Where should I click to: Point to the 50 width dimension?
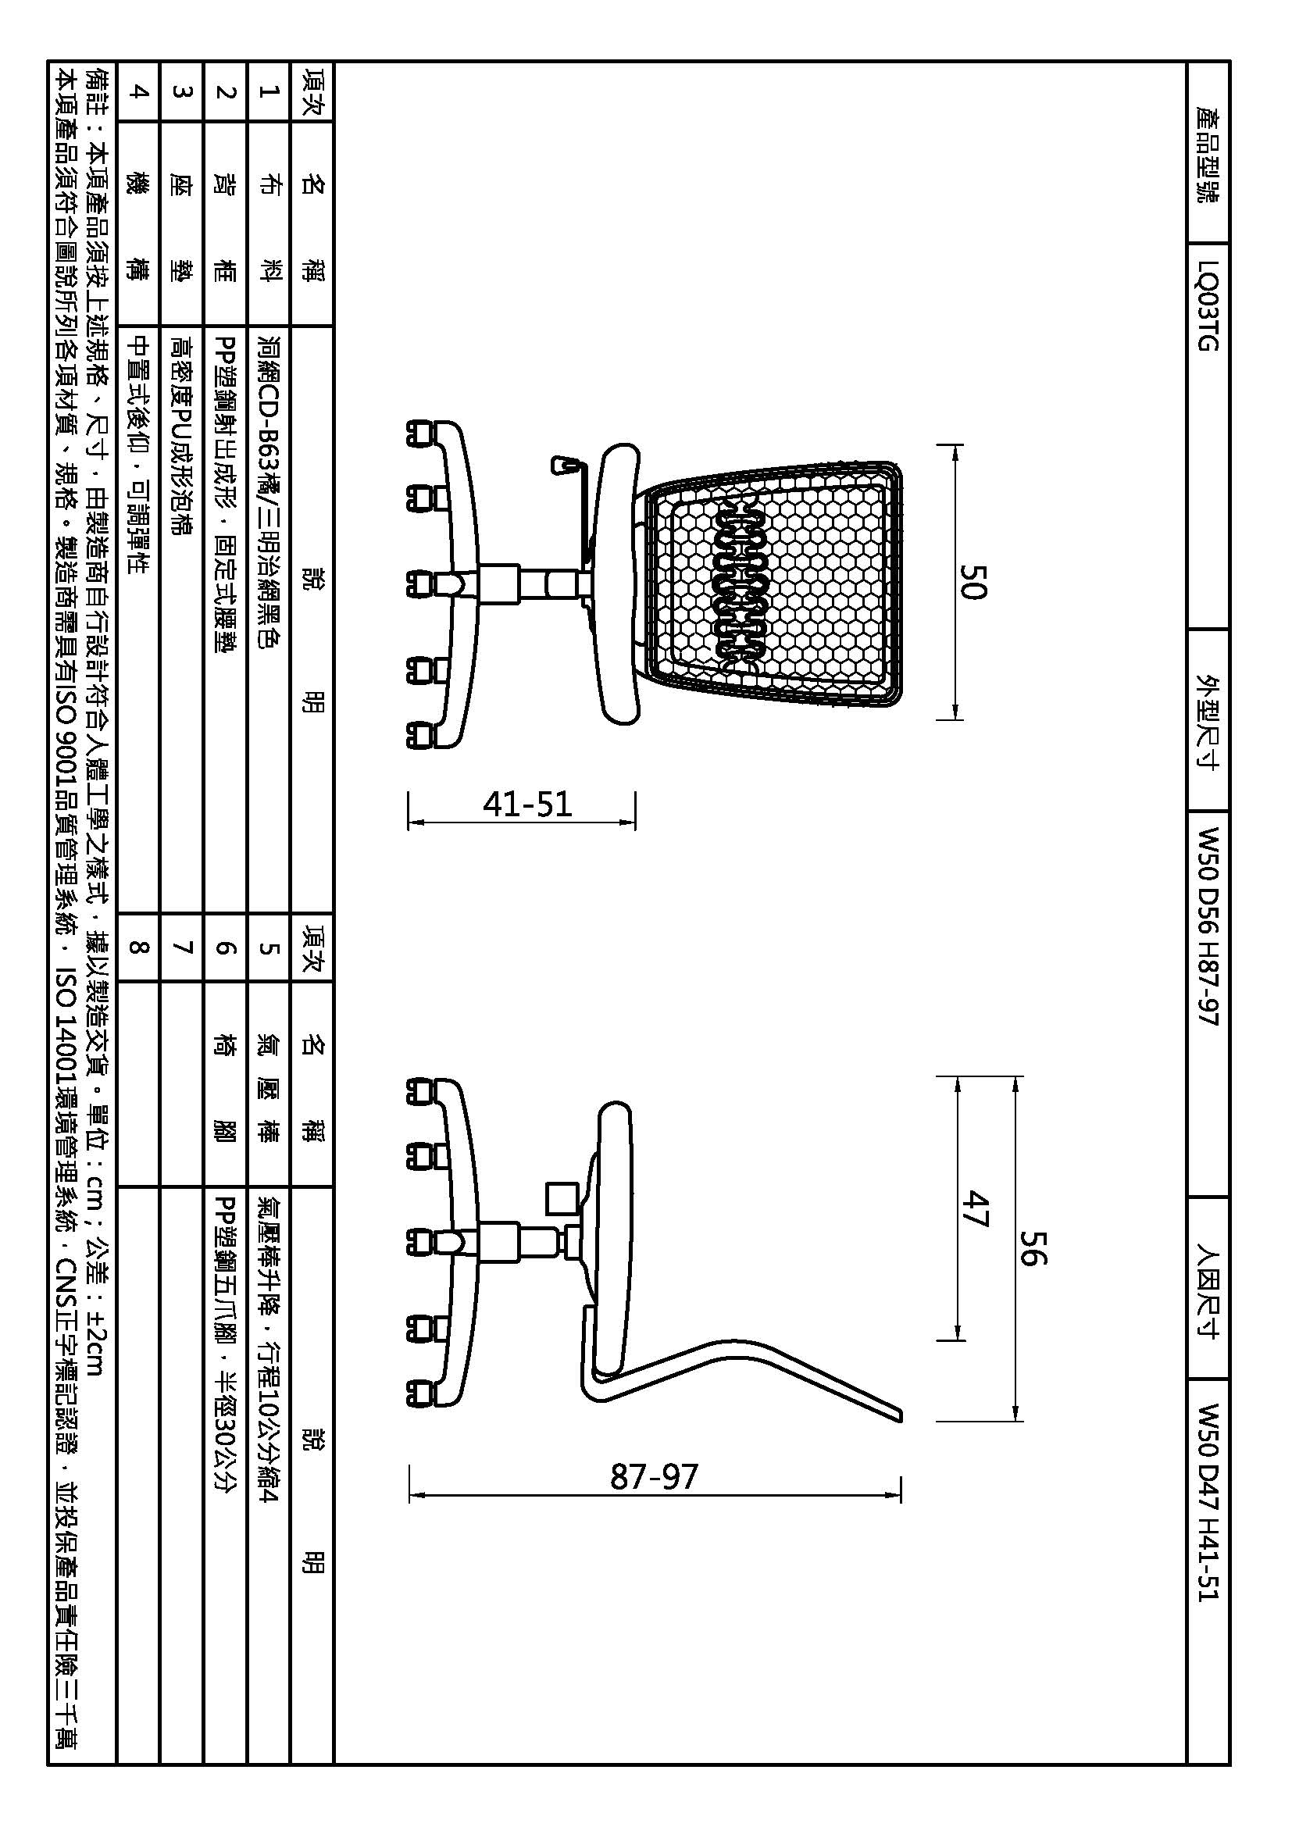973,582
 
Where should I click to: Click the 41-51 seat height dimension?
527,805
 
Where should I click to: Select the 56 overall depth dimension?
1033,1247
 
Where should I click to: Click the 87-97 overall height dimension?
654,1477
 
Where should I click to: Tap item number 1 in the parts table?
269,91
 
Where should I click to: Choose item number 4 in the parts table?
138,91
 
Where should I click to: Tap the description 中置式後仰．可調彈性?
138,455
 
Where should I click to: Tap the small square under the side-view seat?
562,1198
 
